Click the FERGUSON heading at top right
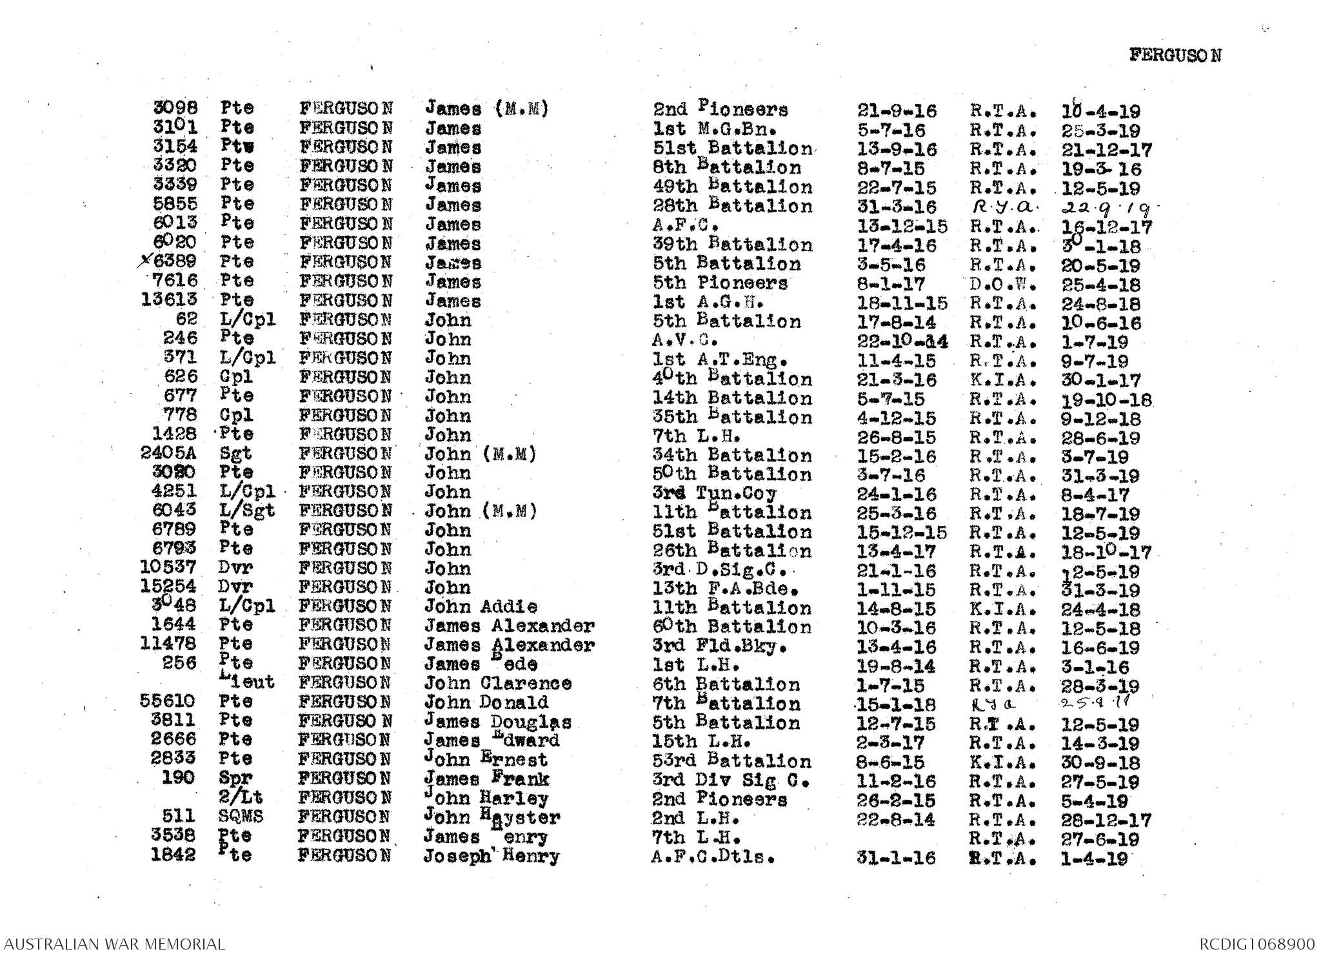coord(1175,55)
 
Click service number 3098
coord(175,108)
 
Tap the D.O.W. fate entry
coord(1003,284)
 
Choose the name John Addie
coord(481,607)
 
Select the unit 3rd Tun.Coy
coord(714,494)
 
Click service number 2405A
coord(170,454)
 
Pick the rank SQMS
coord(241,817)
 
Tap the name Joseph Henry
coord(491,857)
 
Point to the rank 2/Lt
coord(241,798)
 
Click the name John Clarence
coord(497,684)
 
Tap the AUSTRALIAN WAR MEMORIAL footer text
coord(114,944)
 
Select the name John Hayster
coord(492,818)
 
